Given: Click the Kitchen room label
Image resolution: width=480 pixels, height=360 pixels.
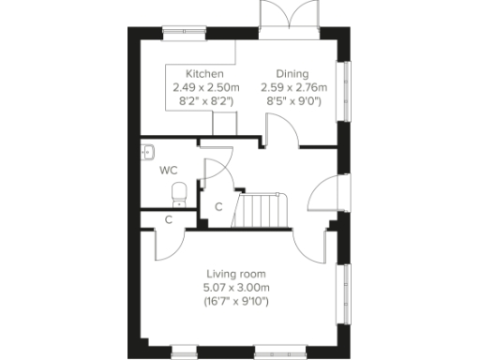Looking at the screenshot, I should tap(204, 74).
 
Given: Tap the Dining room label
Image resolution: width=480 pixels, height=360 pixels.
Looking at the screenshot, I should tap(292, 74).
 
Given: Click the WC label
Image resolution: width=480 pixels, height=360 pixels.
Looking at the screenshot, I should tap(169, 171).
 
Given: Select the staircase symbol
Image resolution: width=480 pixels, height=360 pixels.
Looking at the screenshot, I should tap(262, 211).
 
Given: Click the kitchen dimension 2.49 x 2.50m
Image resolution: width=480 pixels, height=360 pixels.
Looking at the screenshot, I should tap(205, 87).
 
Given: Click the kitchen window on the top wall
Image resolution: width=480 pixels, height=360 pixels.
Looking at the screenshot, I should tap(186, 34).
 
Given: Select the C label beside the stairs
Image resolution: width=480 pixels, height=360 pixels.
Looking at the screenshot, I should tap(218, 206).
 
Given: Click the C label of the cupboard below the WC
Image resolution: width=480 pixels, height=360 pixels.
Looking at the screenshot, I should tap(169, 219).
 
